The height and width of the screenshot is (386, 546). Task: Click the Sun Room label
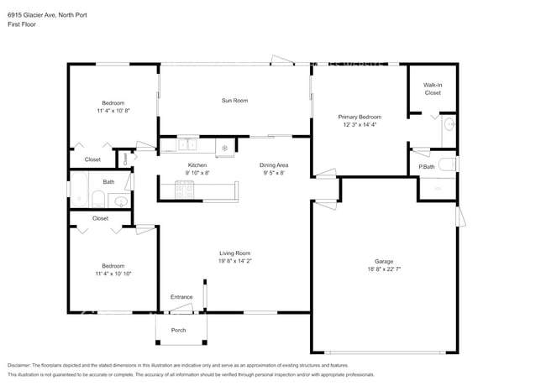point(234,101)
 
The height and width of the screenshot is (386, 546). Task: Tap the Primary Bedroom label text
point(360,117)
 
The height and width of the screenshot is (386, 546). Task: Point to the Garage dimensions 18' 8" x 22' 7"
point(384,269)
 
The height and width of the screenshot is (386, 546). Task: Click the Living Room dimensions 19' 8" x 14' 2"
point(234,261)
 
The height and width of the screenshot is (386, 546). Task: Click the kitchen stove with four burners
point(185,191)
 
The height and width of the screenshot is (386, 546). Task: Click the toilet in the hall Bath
point(98,200)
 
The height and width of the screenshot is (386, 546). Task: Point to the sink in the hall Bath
point(118,201)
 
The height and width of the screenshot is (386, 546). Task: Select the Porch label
point(179,330)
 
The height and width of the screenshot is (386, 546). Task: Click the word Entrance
point(181,297)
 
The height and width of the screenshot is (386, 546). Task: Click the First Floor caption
point(21,24)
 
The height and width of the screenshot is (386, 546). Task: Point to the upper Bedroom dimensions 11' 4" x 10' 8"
point(113,110)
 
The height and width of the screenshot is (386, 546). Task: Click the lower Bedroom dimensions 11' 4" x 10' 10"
point(113,274)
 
